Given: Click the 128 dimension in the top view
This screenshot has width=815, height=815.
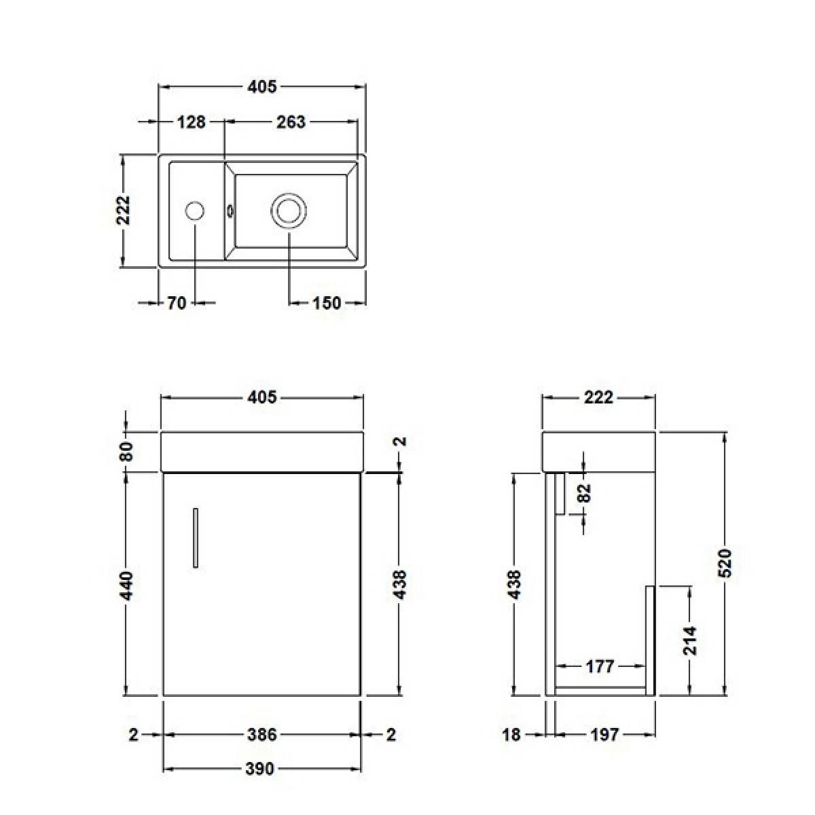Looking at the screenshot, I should (x=192, y=122).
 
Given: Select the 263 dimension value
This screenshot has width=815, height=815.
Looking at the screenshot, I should (x=291, y=122).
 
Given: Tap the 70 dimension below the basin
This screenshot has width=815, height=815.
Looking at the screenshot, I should (x=177, y=304).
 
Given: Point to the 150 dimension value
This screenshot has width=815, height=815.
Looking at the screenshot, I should (x=327, y=304).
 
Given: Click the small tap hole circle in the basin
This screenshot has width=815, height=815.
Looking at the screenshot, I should (x=195, y=211).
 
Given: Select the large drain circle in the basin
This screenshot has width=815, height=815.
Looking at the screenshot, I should (x=289, y=211).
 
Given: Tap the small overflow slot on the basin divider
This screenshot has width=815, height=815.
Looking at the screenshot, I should (x=230, y=211).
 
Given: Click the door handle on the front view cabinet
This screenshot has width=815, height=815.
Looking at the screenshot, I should (x=196, y=537).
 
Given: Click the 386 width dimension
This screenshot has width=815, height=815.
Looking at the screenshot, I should (x=262, y=734).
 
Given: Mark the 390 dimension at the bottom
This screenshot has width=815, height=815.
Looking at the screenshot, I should (x=260, y=769).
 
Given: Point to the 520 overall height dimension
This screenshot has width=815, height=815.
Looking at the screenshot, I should (x=725, y=562).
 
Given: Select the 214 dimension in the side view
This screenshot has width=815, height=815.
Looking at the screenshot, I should (x=689, y=640).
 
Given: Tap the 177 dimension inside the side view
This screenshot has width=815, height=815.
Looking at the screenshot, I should (x=600, y=666).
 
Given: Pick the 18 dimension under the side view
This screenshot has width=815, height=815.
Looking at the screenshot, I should (x=511, y=734).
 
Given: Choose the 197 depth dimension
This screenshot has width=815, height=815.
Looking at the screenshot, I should (x=604, y=734).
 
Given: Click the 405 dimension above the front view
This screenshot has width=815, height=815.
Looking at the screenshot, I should (x=262, y=397).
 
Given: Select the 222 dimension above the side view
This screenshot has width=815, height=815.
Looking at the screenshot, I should (x=598, y=397).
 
